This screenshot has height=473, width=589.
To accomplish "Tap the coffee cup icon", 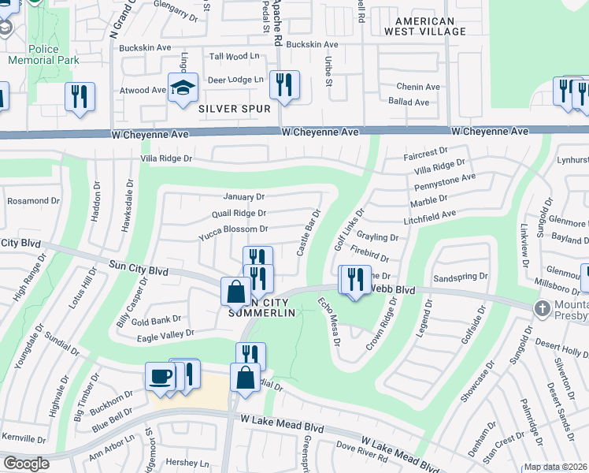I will coord(160,376).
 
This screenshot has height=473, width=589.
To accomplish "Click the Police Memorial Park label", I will coord(43,54).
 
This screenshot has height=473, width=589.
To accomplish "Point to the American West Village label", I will coord(425,26).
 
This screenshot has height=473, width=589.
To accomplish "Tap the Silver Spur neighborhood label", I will coord(235,108).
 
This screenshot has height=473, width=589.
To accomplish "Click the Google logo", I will coord(25,464).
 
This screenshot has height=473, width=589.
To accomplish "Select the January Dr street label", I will coord(244,196).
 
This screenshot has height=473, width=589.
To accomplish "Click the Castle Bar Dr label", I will coord(308,232).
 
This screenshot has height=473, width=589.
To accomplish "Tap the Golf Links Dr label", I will coord(349,229).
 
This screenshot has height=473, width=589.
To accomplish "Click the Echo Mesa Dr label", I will coord(328,322).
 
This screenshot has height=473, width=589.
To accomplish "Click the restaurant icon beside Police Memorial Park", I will coord(80,96).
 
